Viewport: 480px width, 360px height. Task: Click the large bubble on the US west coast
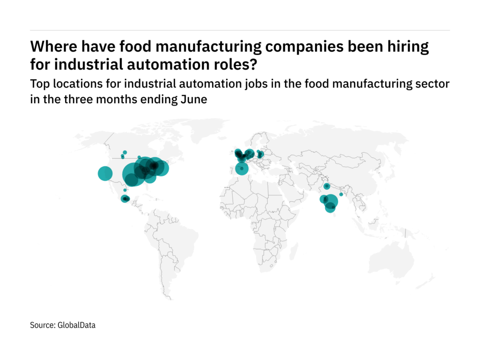click(105, 174)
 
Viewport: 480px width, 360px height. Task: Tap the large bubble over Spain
click(241, 168)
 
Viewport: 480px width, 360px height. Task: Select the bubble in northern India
click(326, 186)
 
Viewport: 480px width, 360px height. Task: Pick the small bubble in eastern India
click(341, 194)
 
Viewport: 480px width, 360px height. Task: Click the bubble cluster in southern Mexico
click(125, 199)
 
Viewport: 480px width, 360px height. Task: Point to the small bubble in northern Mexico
click(125, 190)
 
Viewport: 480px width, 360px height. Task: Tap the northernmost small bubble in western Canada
click(125, 152)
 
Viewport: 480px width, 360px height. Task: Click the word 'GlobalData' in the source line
click(76, 325)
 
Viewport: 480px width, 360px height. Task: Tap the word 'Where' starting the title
click(49, 47)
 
